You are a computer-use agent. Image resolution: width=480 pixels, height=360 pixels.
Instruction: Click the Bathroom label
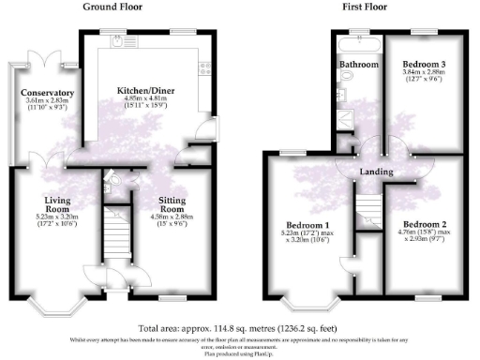359,65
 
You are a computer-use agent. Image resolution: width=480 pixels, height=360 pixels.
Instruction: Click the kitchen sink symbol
116,41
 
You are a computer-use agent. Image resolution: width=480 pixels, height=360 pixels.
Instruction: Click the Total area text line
239,328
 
